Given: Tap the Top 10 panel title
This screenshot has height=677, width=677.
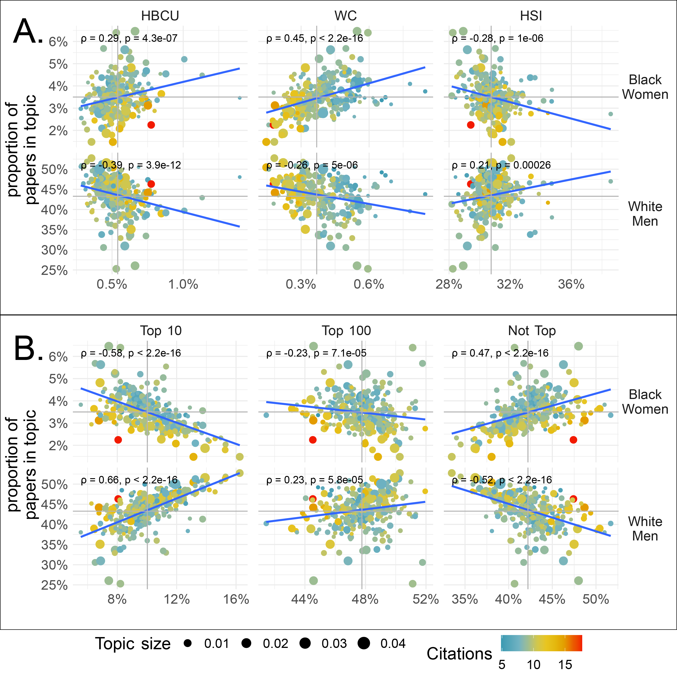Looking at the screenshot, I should click(x=161, y=330).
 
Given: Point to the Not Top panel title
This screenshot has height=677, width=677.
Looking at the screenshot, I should click(x=532, y=330).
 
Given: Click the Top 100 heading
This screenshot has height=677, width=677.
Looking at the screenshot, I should click(x=346, y=330).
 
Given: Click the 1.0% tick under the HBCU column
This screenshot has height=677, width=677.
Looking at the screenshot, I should click(x=183, y=284).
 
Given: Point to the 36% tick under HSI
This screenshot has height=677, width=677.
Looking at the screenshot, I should click(x=571, y=284).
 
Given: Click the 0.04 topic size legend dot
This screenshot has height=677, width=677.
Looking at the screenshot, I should click(x=364, y=643).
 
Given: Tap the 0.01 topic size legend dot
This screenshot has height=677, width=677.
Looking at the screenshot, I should click(x=188, y=643).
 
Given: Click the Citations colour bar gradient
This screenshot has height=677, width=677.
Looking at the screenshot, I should click(x=541, y=643).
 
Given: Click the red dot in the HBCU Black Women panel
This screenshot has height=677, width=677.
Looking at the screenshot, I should click(x=151, y=125).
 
